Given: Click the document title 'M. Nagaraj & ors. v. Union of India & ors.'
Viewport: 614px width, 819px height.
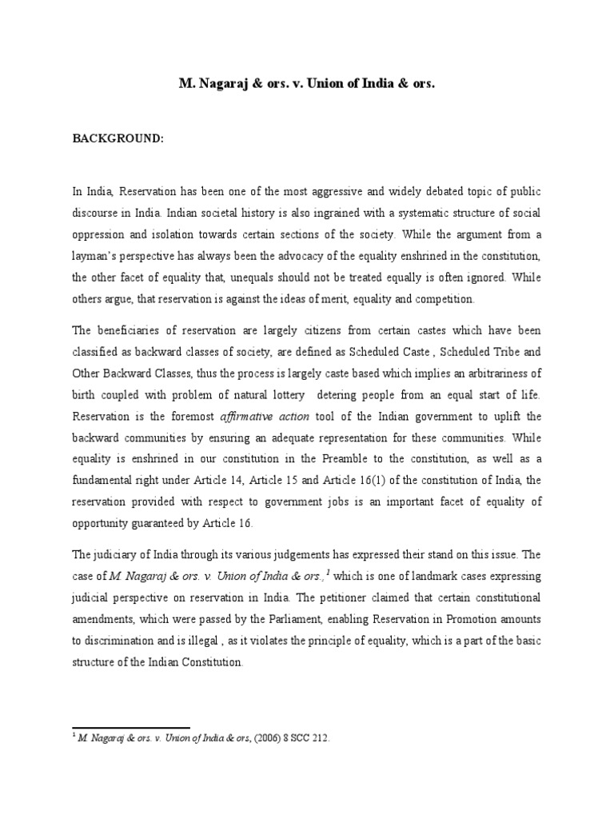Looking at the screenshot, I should point(306,82).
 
